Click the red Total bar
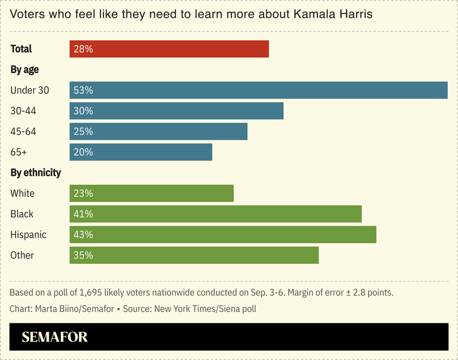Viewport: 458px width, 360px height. pyautogui.click(x=169, y=49)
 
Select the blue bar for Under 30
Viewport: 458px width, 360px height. pyautogui.click(x=258, y=91)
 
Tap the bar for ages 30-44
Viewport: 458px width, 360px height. pyautogui.click(x=177, y=111)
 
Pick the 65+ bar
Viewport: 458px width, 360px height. pyautogui.click(x=141, y=152)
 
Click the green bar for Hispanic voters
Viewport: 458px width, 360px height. pyautogui.click(x=223, y=235)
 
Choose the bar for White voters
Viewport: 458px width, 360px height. pyautogui.click(x=152, y=194)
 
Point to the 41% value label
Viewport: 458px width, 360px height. pyautogui.click(x=83, y=214)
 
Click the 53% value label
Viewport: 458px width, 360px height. pyautogui.click(x=83, y=91)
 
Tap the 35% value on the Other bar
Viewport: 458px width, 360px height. pyautogui.click(x=83, y=256)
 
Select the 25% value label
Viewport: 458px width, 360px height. pyautogui.click(x=83, y=132)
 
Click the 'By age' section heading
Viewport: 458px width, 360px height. pyautogui.click(x=25, y=70)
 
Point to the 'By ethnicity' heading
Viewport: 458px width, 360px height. pyautogui.click(x=36, y=173)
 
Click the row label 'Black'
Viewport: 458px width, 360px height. pyautogui.click(x=22, y=214)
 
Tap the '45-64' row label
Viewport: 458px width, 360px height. pyautogui.click(x=24, y=132)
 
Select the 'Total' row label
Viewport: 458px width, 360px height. pyautogui.click(x=21, y=49)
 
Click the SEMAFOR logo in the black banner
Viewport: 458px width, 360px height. pyautogui.click(x=54, y=337)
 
